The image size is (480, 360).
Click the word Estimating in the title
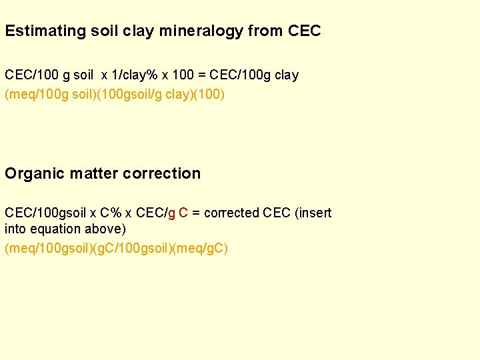[45, 31]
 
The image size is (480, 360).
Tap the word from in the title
[266, 31]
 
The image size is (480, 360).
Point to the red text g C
[178, 213]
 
